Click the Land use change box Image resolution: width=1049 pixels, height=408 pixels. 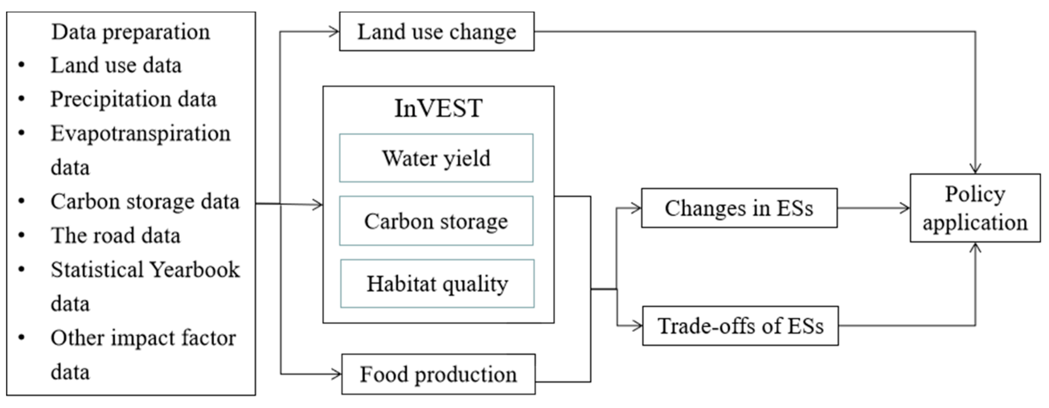437,32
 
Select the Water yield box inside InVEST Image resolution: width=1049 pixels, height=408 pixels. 436,158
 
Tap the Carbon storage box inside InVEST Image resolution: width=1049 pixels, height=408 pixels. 436,221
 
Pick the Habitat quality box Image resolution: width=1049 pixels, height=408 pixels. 437,284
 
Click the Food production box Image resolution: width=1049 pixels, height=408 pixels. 438,374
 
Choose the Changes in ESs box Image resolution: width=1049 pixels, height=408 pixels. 739,208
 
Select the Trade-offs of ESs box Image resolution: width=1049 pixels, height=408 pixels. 740,326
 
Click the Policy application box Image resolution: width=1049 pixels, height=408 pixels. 975,208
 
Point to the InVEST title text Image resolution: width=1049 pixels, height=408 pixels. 438,108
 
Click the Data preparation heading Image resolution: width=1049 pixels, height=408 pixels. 130,32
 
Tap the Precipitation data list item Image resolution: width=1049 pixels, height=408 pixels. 133,99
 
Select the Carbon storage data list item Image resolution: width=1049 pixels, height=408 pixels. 144,201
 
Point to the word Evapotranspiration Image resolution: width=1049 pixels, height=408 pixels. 141,133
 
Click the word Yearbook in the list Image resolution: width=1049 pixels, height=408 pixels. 194,269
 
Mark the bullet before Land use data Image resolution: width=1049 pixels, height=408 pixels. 22,65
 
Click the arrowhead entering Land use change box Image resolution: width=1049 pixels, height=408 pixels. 334,32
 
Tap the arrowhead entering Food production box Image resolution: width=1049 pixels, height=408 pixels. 337,374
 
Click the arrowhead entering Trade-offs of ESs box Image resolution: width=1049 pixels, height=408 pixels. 637,326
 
